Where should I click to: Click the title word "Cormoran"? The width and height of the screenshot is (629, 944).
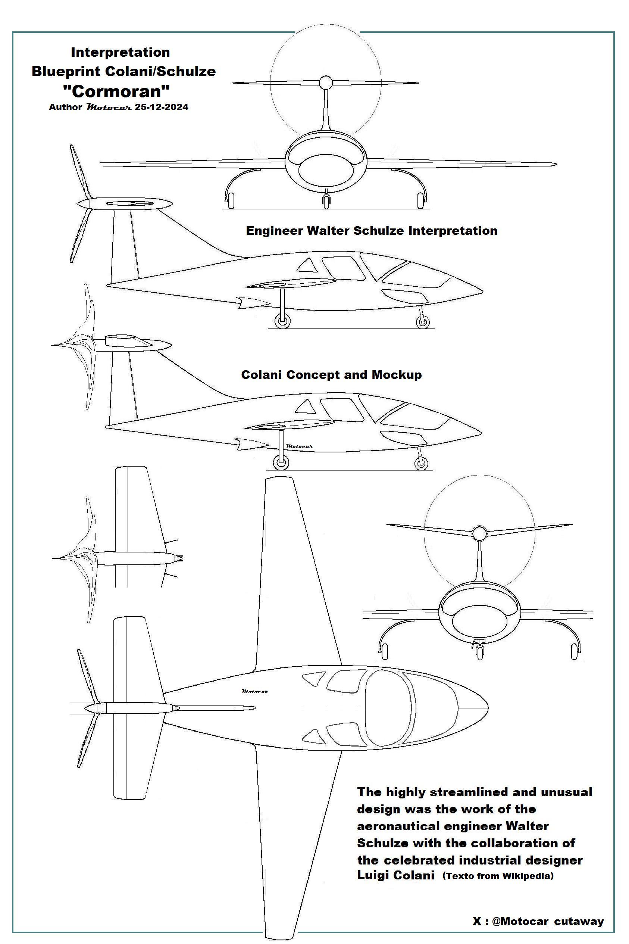click(x=117, y=91)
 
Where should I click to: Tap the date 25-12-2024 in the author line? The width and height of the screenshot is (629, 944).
click(x=161, y=107)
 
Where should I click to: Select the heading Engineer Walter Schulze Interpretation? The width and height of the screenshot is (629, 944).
click(x=372, y=231)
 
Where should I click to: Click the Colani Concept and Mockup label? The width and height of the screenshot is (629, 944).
click(x=331, y=375)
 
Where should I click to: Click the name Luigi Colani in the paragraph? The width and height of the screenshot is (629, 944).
click(x=395, y=875)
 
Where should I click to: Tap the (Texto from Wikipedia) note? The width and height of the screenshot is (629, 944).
click(x=498, y=876)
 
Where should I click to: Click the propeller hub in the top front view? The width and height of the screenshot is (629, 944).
click(x=325, y=83)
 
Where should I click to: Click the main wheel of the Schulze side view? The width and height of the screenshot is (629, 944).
click(x=282, y=321)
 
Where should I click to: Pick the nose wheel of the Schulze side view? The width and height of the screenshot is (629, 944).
click(x=422, y=321)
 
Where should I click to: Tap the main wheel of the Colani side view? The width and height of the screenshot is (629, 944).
click(x=281, y=463)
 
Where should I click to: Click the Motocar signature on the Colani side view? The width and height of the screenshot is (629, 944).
click(x=300, y=446)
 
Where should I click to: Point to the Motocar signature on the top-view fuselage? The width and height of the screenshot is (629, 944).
click(x=255, y=691)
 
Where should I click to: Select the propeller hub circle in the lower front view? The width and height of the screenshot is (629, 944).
click(x=478, y=533)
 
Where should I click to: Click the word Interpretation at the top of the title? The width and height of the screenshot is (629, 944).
click(x=121, y=52)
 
